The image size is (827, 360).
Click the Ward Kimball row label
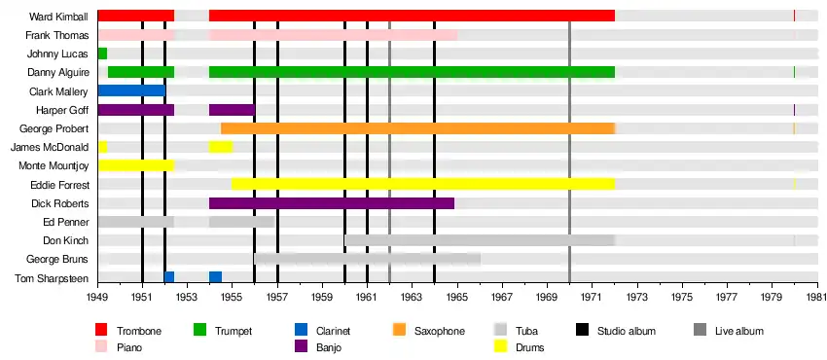click(x=59, y=17)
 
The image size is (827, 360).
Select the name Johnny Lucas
click(x=58, y=54)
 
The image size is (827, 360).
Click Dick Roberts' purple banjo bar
click(x=332, y=203)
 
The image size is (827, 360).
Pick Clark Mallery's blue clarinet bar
click(x=132, y=90)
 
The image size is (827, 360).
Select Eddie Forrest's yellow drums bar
click(x=423, y=185)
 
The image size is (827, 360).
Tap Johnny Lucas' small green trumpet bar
click(x=102, y=54)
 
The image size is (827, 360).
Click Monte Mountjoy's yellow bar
click(x=136, y=165)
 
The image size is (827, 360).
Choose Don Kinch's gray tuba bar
click(x=480, y=240)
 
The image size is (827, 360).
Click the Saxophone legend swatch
click(x=399, y=331)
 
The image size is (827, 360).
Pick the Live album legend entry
click(x=729, y=331)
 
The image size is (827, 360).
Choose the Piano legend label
click(x=129, y=348)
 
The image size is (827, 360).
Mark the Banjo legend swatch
click(x=301, y=347)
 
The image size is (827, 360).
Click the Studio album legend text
click(x=626, y=331)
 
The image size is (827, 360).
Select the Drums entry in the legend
click(x=520, y=347)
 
